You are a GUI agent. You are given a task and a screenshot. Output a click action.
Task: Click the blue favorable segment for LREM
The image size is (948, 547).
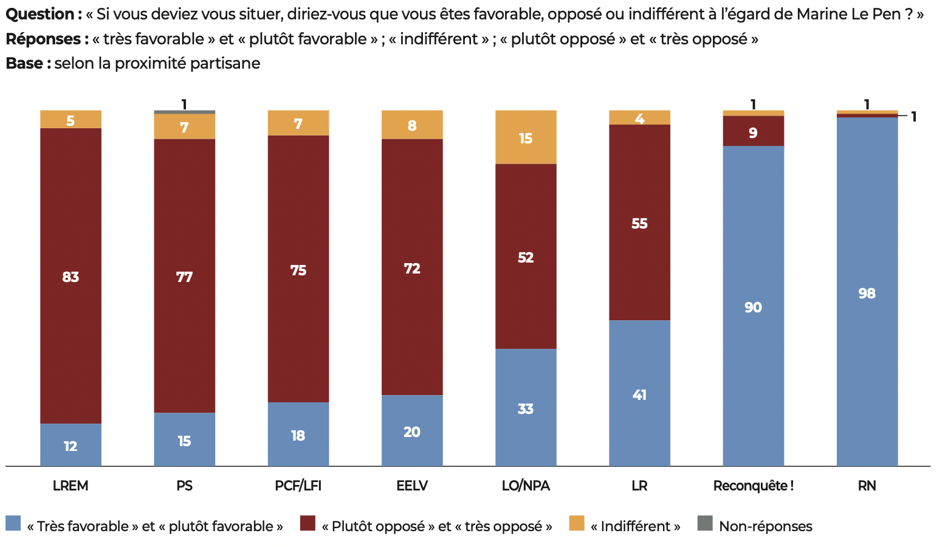pos(70,444)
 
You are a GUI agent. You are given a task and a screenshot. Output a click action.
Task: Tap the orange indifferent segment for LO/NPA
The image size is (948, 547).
pos(526,137)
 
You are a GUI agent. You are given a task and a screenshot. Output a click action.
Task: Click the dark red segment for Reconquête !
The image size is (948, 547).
pos(753,131)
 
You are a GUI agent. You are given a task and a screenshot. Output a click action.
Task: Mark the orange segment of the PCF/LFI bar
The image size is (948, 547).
pos(298,123)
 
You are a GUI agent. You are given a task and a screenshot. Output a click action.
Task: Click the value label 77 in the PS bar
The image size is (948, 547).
pos(184,277)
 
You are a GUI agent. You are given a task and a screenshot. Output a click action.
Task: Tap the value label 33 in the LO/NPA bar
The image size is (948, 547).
pos(526,409)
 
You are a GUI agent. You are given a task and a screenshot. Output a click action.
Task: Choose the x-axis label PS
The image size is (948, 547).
pos(184,486)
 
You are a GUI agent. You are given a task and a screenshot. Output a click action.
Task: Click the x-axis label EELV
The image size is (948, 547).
pos(412,486)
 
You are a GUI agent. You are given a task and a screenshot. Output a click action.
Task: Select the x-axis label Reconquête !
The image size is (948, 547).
pos(753,486)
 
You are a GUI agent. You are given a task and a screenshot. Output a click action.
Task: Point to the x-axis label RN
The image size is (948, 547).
pos(867,486)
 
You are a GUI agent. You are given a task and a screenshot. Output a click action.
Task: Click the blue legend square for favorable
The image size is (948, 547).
pos(13,523)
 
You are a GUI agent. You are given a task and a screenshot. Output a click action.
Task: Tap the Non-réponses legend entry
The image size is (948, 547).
pos(765,526)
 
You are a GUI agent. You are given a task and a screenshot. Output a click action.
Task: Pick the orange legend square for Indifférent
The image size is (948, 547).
pos(577,523)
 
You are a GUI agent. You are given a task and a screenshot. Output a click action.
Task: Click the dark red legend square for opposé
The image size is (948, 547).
pos(308,523)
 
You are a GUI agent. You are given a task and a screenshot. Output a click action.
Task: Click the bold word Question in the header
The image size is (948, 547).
pos(39,14)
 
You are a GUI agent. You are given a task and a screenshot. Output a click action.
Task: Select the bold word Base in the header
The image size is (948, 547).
pos(24,63)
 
